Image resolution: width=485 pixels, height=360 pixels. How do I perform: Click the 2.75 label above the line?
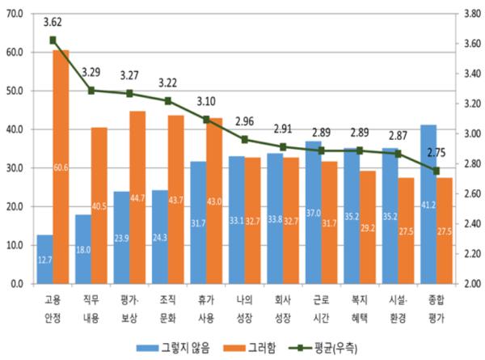(x=436, y=151)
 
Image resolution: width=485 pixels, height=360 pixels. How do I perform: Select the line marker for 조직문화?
(x=168, y=101)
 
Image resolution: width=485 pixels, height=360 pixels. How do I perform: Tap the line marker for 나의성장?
(x=245, y=139)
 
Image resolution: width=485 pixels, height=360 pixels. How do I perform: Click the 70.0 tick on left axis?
(x=15, y=14)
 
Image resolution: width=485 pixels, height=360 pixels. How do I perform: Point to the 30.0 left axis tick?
(x=15, y=168)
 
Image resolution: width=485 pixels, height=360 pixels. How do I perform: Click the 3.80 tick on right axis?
(x=470, y=14)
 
